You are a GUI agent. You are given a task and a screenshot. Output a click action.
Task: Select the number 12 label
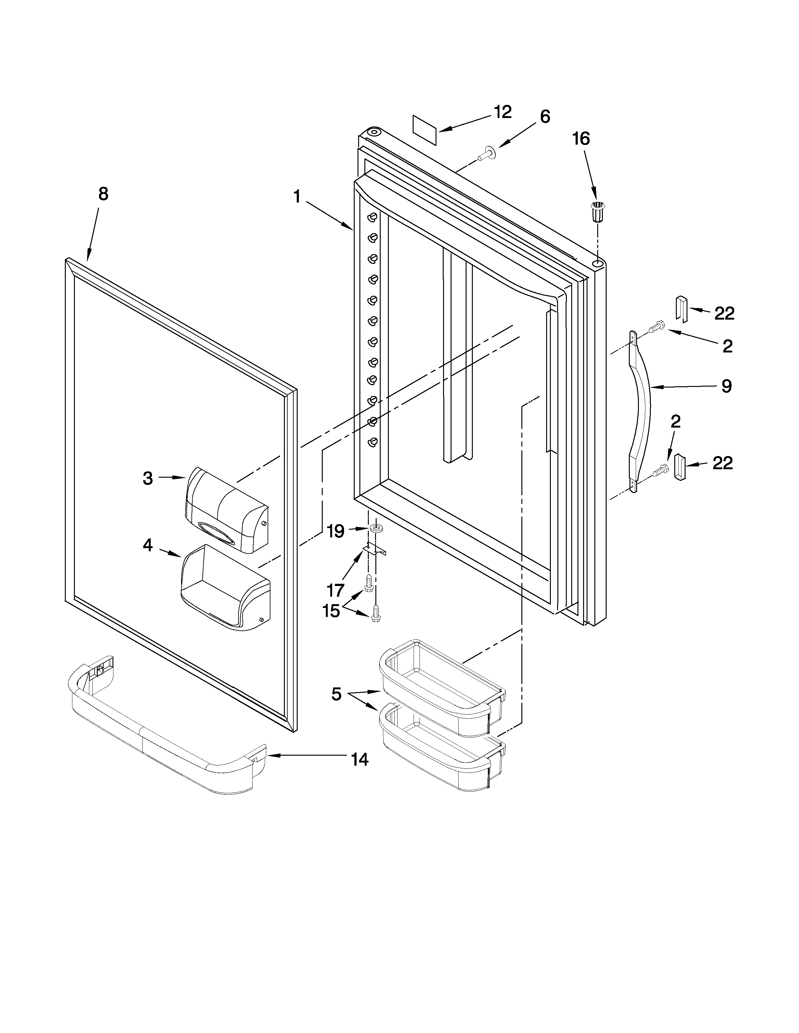[x=502, y=113]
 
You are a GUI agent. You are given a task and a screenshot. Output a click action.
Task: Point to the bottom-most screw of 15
[x=376, y=615]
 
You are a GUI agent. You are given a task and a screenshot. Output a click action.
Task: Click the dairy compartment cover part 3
[x=226, y=510]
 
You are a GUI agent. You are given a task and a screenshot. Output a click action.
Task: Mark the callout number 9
[x=726, y=386]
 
